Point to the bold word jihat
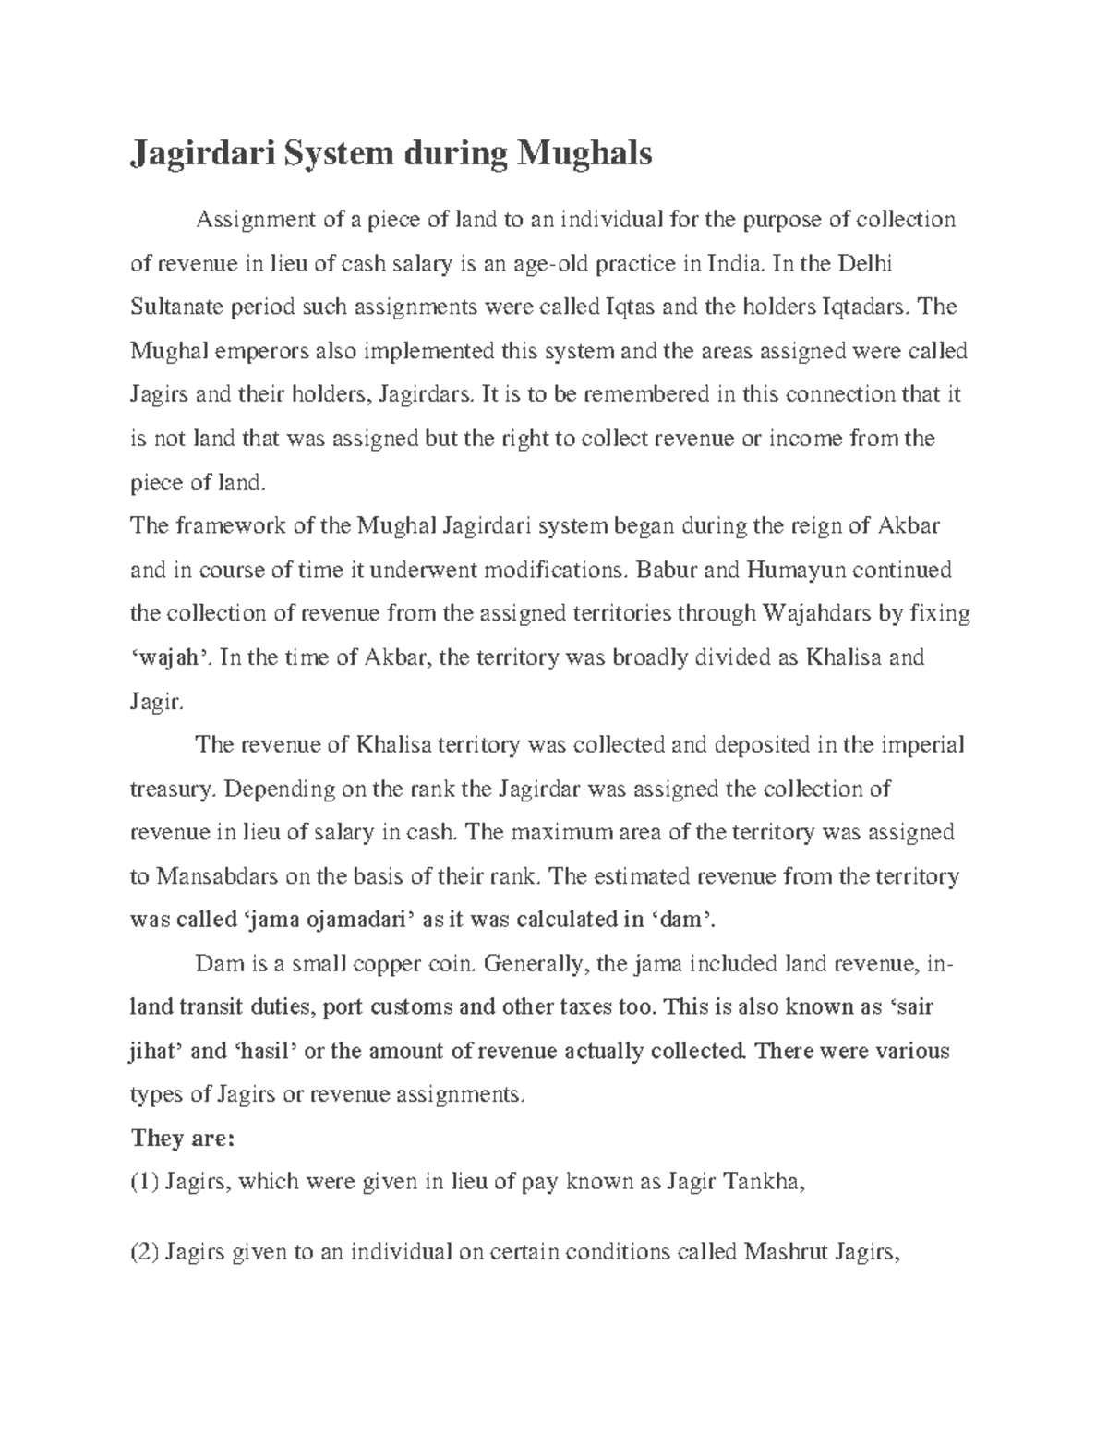(157, 1052)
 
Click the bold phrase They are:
(185, 1138)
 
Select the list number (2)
(145, 1253)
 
